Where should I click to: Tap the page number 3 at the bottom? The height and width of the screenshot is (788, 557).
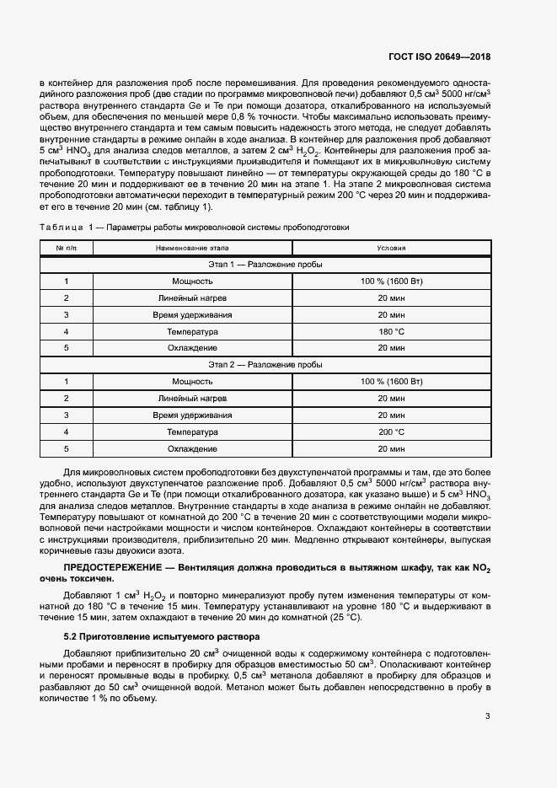pyautogui.click(x=487, y=717)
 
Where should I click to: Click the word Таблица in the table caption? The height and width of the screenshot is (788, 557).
pyautogui.click(x=59, y=228)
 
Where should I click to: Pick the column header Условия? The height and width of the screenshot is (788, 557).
pyautogui.click(x=392, y=248)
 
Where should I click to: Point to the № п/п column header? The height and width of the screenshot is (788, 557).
pyautogui.click(x=66, y=248)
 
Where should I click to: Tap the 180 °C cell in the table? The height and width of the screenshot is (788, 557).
pyautogui.click(x=392, y=331)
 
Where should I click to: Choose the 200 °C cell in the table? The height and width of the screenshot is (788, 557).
pyautogui.click(x=392, y=432)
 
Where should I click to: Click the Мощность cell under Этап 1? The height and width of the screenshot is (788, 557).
pyautogui.click(x=192, y=281)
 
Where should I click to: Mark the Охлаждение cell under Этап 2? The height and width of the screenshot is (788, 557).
pyautogui.click(x=192, y=448)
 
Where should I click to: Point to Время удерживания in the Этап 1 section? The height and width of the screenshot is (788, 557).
pyautogui.click(x=192, y=314)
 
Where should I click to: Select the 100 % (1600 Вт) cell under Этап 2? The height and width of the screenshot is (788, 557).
pyautogui.click(x=392, y=381)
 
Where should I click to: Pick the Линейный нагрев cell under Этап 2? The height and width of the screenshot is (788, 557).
pyautogui.click(x=192, y=398)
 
